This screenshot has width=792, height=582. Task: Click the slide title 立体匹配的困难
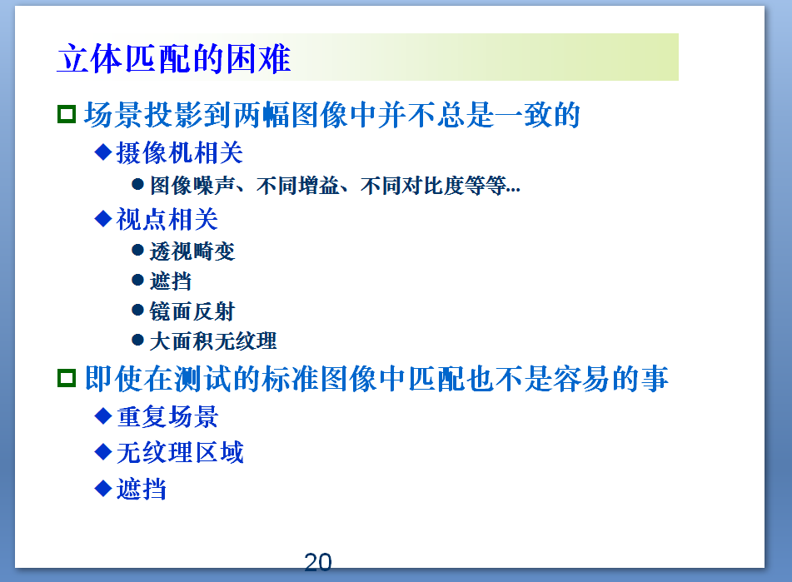click(x=173, y=59)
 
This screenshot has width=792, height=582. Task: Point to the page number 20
click(x=318, y=563)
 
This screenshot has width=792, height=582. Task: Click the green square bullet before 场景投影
click(x=67, y=114)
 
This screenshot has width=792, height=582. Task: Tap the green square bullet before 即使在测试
click(x=67, y=379)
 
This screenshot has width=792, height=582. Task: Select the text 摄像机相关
click(x=179, y=152)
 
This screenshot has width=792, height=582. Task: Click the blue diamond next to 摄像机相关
click(x=103, y=152)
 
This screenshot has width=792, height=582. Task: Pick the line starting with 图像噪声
click(x=335, y=186)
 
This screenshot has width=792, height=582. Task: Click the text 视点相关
click(x=167, y=219)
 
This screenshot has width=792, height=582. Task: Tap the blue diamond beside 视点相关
click(x=103, y=218)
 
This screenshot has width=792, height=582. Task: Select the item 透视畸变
click(x=192, y=251)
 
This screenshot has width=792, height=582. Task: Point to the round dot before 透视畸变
click(x=138, y=250)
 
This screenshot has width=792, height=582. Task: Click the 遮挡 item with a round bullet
click(x=171, y=281)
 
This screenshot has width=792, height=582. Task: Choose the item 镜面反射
click(x=192, y=311)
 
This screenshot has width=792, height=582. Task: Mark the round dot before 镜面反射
click(x=138, y=310)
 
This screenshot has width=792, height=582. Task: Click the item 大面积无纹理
click(x=213, y=341)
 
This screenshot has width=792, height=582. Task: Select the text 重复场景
click(x=167, y=415)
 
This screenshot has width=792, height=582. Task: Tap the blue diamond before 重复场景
click(x=103, y=415)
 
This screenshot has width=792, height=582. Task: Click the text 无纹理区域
click(x=180, y=452)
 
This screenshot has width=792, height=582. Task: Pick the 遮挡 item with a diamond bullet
click(x=142, y=489)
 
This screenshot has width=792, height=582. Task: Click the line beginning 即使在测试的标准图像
click(x=376, y=380)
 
